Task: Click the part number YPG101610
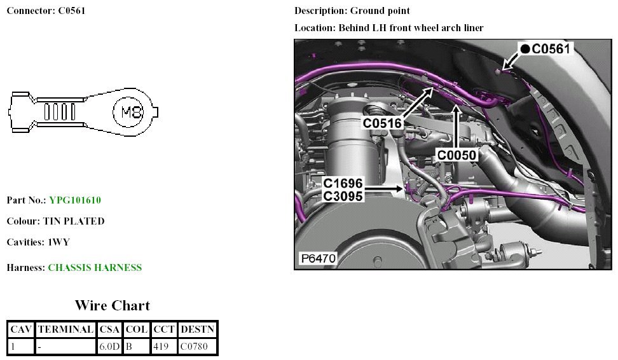click(75, 200)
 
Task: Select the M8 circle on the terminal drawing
click(132, 113)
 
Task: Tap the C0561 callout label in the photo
click(552, 48)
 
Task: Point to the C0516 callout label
click(383, 122)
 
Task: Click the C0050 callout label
click(457, 155)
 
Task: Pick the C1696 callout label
click(343, 184)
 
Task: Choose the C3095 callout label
click(343, 197)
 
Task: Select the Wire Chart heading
click(112, 305)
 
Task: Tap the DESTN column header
click(198, 330)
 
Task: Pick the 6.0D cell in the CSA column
click(109, 347)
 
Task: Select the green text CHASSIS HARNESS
click(95, 268)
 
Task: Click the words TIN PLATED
click(74, 221)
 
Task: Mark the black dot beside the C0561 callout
click(525, 48)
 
